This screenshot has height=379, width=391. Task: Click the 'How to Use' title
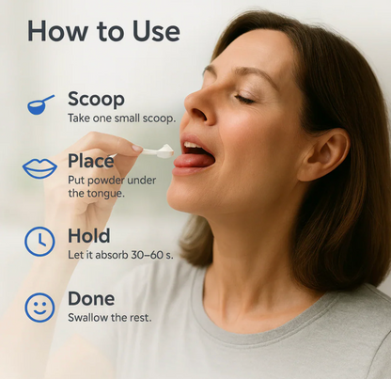pos(103,31)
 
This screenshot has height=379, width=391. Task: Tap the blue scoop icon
pos(40,105)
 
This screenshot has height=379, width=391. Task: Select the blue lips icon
pos(39,168)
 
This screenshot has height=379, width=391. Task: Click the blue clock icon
pos(39,242)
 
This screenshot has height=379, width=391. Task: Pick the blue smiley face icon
pos(39,308)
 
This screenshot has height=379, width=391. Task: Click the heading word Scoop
pos(96,99)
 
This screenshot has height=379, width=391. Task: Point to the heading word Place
pos(91,161)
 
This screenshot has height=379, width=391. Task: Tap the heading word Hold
pos(89,236)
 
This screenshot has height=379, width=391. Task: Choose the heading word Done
pos(91,299)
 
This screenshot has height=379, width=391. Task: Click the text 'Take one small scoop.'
pos(122,118)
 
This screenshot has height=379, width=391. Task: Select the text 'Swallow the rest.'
pos(110,318)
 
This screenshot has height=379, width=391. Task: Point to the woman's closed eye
pos(244,99)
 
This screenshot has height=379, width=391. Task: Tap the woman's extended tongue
pos(195,160)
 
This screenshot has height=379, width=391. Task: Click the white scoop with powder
pos(157,150)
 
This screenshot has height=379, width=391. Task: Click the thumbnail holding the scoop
pos(137,149)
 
